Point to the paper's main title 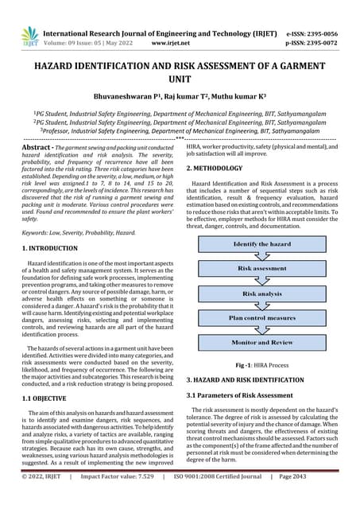[x=180, y=74]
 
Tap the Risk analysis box [x=261, y=293]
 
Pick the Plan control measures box [x=261, y=317]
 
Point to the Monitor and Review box [x=261, y=342]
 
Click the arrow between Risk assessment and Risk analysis [x=261, y=281]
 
